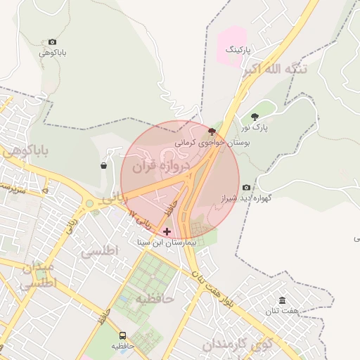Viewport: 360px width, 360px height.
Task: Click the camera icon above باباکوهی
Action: pos(52,42)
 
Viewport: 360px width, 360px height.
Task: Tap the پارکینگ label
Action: pos(238,51)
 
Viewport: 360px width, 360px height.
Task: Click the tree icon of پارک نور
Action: pos(255,117)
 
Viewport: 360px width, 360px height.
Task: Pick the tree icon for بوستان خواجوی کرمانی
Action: pos(212,131)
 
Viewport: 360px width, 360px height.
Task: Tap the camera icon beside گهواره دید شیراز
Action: pos(246,187)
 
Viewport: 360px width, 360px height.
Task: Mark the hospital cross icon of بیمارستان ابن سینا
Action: pos(167,231)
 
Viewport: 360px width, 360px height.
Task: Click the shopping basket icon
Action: pos(104,166)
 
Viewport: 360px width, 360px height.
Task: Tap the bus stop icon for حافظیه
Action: pos(122,335)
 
